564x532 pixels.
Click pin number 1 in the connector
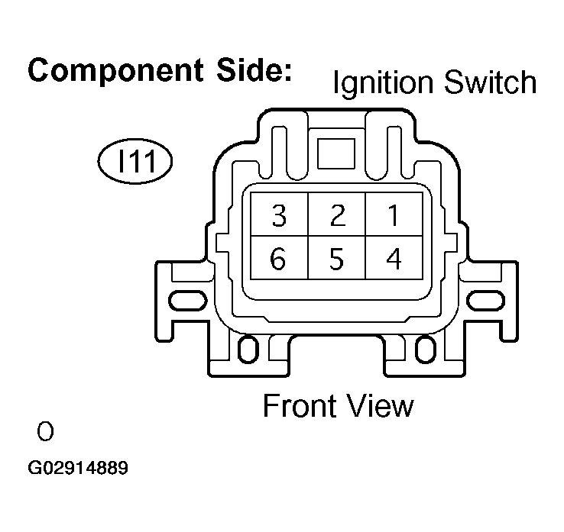click(393, 217)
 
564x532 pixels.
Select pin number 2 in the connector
click(337, 217)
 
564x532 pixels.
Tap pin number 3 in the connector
click(279, 217)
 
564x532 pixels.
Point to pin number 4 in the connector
click(393, 260)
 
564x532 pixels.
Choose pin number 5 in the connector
click(337, 260)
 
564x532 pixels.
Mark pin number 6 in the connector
click(279, 260)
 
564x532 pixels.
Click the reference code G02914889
click(78, 468)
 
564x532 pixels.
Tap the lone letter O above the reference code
click(45, 433)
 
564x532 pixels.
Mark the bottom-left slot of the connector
click(248, 350)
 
